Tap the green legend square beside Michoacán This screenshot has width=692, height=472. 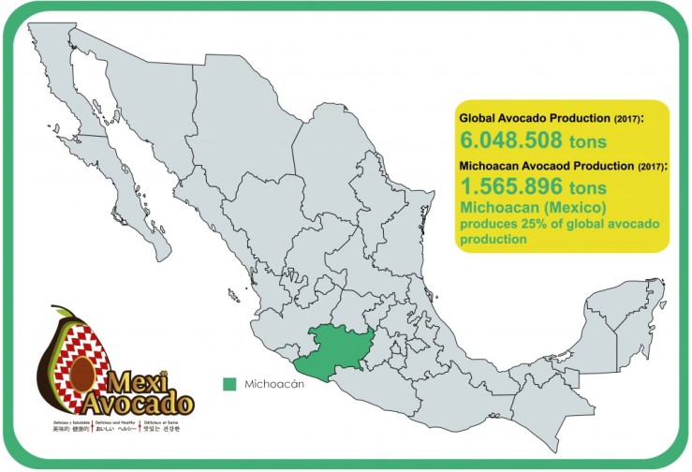[229, 384]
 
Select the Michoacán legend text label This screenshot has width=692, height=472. [276, 384]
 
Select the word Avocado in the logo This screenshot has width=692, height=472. [140, 406]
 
